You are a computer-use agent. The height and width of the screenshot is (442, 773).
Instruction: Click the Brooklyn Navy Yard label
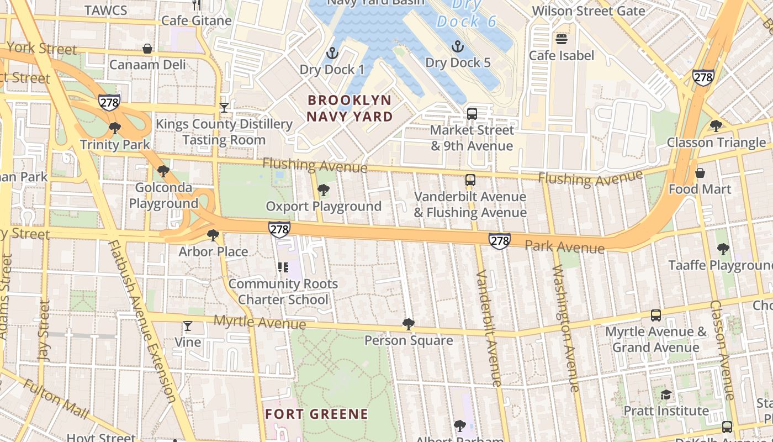pos(350,108)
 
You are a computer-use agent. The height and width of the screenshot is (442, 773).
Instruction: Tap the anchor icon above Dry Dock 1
pos(332,53)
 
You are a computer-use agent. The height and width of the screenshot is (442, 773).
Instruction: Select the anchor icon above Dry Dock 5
pos(457,46)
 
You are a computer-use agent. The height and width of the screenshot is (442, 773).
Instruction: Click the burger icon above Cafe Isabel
pos(562,39)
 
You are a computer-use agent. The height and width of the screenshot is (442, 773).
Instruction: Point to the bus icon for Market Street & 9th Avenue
pos(472,114)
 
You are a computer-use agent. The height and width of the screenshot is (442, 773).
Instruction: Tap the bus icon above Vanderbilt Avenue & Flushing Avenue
pos(470,180)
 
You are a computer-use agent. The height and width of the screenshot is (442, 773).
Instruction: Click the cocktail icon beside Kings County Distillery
pos(224,107)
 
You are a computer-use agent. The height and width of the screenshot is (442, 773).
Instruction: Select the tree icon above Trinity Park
pos(115,129)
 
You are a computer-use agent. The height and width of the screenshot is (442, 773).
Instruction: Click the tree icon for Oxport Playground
pos(324,191)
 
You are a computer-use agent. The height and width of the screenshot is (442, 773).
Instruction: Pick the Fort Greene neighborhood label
pos(316,414)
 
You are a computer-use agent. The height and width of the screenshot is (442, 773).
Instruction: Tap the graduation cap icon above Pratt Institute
pos(666,394)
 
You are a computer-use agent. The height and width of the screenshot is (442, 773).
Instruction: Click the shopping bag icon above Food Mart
pos(700,173)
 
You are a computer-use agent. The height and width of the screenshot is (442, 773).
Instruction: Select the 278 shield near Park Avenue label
pos(499,241)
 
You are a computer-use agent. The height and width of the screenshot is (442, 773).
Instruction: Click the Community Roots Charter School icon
pos(283,268)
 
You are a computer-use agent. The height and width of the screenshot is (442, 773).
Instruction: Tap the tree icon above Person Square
pos(409,324)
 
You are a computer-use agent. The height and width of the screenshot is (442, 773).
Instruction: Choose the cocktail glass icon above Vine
pos(188,326)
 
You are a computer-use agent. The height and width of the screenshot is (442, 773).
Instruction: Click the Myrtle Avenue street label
pos(260,322)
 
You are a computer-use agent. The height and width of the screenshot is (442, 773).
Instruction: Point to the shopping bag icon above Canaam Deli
pos(147,49)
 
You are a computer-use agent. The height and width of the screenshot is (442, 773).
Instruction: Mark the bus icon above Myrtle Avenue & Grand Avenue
pos(656,315)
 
